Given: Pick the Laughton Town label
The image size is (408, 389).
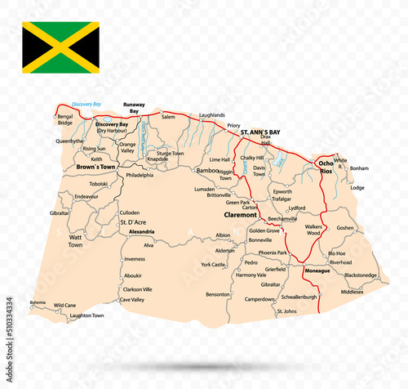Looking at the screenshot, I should pyautogui.click(x=86, y=315).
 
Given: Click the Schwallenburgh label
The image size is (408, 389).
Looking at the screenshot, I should pyautogui.click(x=298, y=297).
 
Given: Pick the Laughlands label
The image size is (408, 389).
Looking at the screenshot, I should pyautogui.click(x=211, y=115).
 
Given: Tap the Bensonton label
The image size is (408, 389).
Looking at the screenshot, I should pyautogui.click(x=218, y=293).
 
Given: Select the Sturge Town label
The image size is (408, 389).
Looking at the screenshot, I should pyautogui.click(x=171, y=153).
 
